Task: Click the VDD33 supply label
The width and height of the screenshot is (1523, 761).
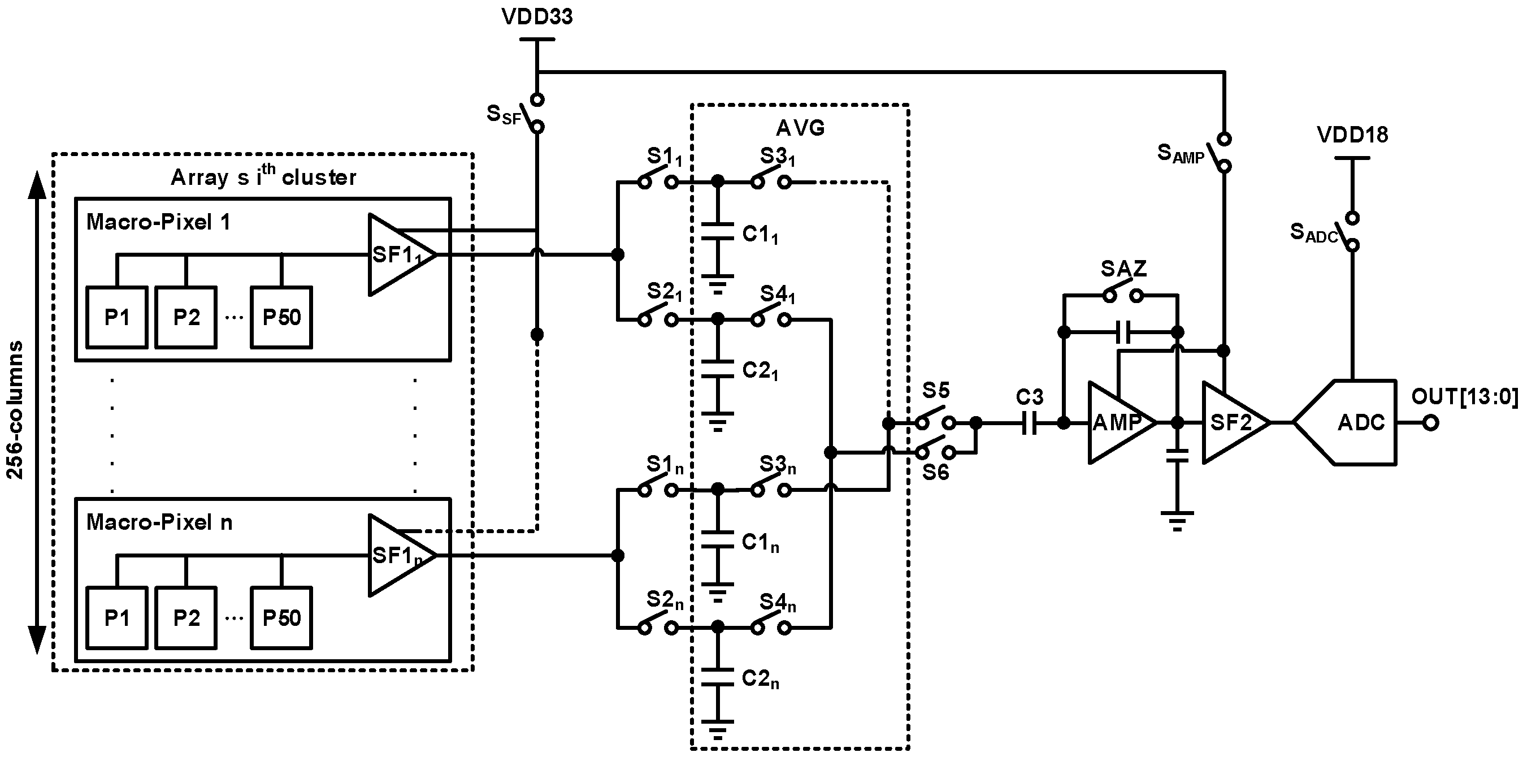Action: tap(537, 16)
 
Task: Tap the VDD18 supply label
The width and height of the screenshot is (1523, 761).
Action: tap(1352, 135)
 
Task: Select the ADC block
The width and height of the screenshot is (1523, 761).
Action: tap(1354, 422)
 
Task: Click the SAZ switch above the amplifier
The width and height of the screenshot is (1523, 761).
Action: tap(1122, 294)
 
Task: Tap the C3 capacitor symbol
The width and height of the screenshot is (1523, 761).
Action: tap(1029, 422)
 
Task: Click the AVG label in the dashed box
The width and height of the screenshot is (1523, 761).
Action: tap(800, 128)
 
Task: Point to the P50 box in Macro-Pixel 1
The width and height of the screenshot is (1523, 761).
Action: tap(281, 318)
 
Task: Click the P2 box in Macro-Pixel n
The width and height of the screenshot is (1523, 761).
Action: tap(186, 618)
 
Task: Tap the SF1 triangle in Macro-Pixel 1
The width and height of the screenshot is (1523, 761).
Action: tap(397, 255)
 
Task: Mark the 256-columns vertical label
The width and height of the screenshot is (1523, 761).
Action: tap(15, 409)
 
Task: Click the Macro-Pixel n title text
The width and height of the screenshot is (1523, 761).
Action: tap(159, 522)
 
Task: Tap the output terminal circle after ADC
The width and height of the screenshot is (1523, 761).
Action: tap(1430, 423)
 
